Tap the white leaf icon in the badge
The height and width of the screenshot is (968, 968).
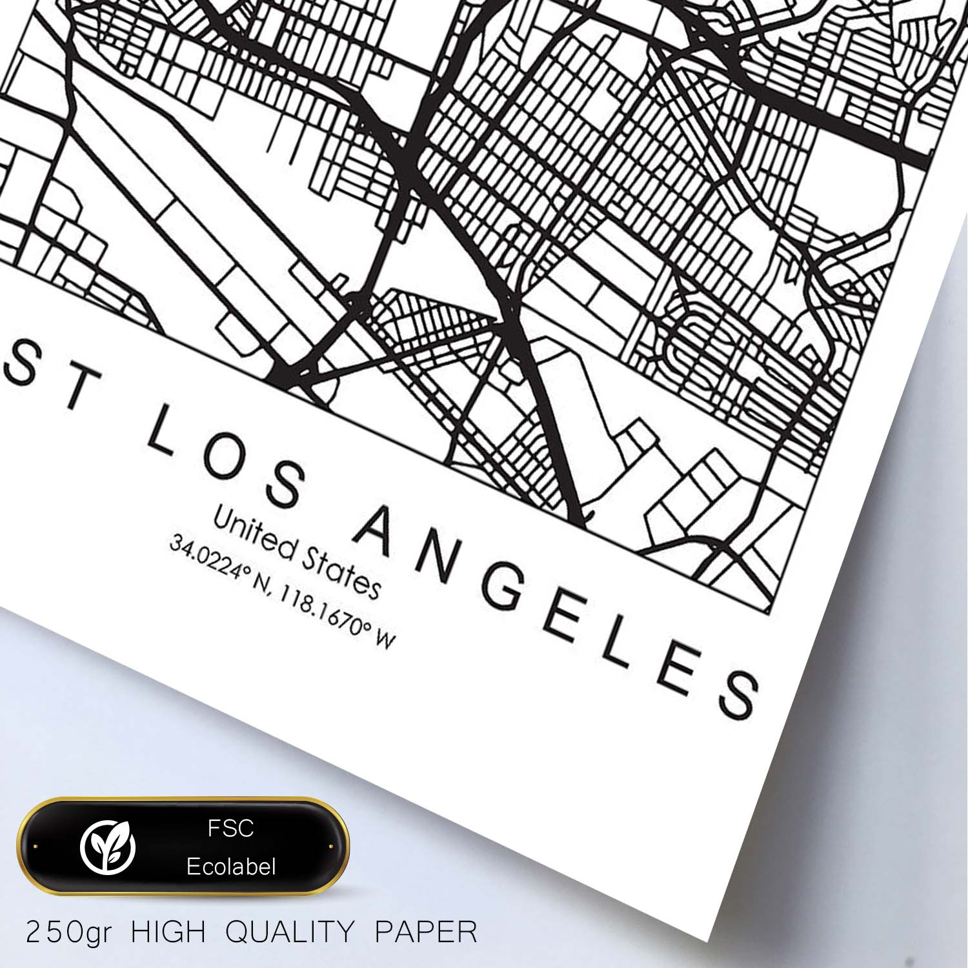[108, 846]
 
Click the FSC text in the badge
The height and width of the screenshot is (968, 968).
[230, 828]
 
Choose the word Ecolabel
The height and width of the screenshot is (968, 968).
[230, 866]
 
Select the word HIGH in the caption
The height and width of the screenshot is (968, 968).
[168, 932]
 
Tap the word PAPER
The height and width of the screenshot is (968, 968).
[426, 932]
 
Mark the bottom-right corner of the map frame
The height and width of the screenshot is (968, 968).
[772, 612]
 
